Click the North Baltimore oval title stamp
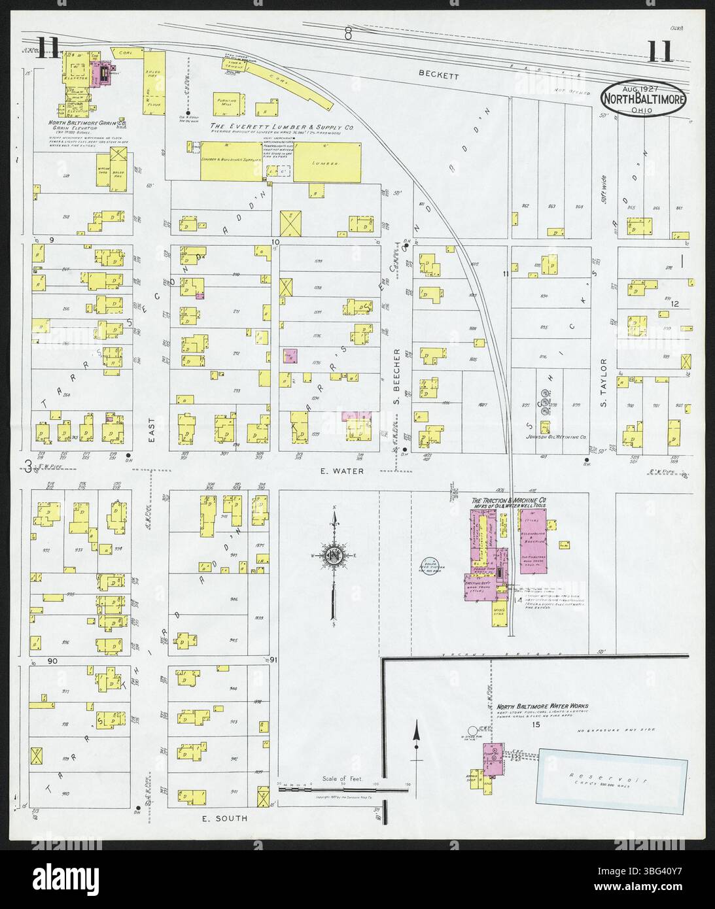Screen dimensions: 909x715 [x=644, y=98]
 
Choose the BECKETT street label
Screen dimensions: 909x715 [x=440, y=76]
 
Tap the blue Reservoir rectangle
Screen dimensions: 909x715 [x=612, y=781]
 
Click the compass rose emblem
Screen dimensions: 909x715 [x=334, y=556]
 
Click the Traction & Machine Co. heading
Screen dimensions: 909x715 [x=509, y=501]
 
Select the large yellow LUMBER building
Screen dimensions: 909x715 [x=327, y=162]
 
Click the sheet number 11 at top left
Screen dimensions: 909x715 [x=49, y=48]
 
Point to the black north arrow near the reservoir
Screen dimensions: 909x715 [x=415, y=740]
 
